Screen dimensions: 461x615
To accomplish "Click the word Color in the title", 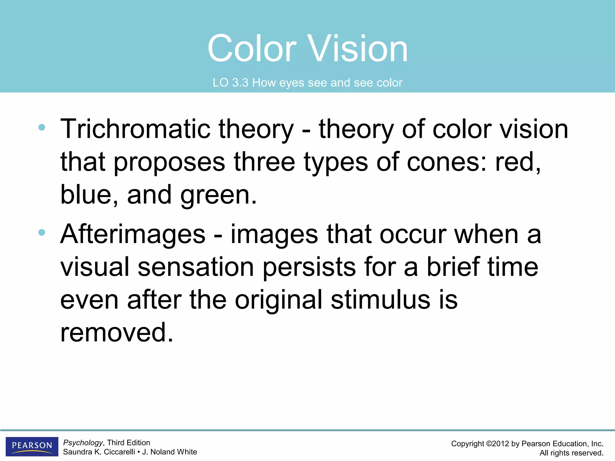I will pos(252,49).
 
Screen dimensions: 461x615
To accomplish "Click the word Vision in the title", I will pos(358,49).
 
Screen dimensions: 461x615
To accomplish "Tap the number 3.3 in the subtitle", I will pos(240,83).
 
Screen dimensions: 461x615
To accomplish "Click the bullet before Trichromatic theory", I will pos(42,127).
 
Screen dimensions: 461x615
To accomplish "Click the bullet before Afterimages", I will pos(42,232).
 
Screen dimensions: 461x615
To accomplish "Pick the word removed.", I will pos(117,333).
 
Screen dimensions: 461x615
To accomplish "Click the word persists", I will pos(309,267).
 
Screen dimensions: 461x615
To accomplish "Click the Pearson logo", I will pos(32,446).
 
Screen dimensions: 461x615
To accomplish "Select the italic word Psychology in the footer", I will pos(83,443).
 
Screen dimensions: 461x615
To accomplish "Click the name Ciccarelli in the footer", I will pos(119,452).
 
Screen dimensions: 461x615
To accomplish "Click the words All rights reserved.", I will pos(571,453).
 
